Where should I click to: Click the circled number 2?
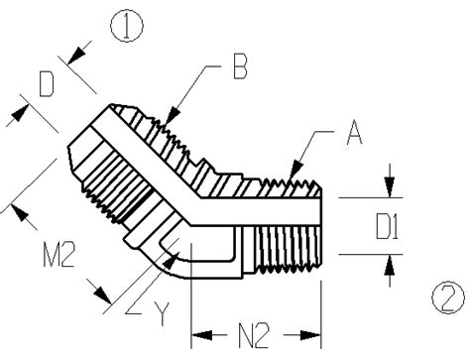pos(449,298)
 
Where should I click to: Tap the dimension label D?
pos(47,85)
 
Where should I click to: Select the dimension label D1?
pos(388,226)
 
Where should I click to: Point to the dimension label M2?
pos(59,254)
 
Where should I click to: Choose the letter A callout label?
pos(354,132)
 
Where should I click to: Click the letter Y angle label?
pos(162,314)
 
